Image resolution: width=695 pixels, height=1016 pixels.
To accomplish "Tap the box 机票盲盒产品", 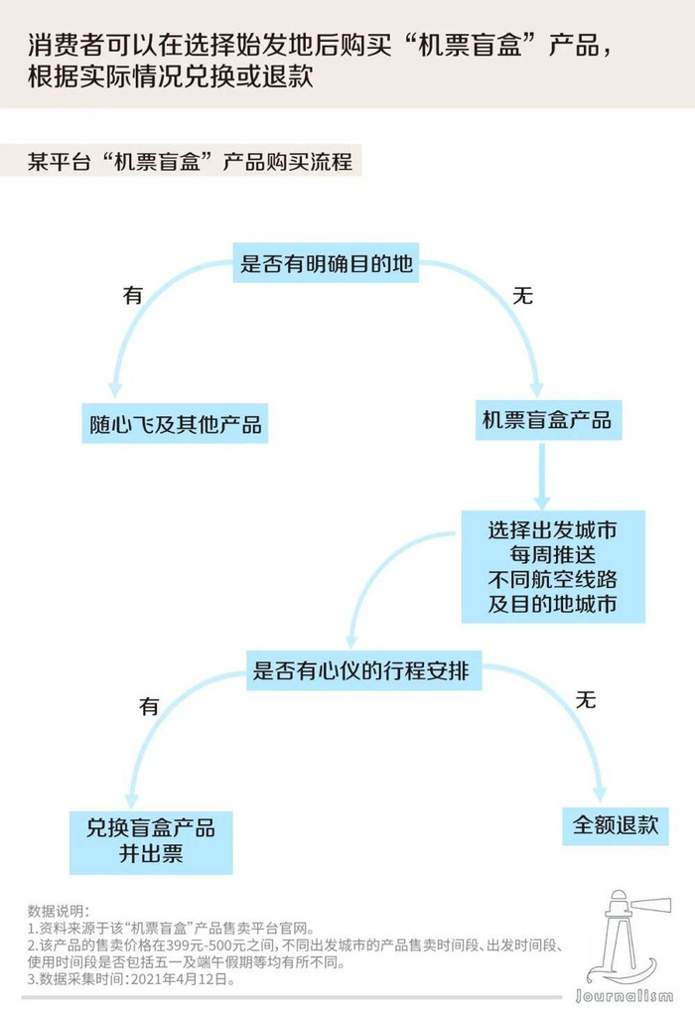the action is pyautogui.click(x=546, y=420).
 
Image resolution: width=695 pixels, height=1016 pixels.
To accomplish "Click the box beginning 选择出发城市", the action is pyautogui.click(x=552, y=567).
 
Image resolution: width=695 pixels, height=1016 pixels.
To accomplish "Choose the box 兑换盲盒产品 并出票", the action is pyautogui.click(x=151, y=841).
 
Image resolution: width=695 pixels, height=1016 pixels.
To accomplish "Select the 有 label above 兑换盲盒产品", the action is pyautogui.click(x=149, y=707).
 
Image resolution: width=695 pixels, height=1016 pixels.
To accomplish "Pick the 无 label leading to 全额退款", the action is pyautogui.click(x=586, y=700).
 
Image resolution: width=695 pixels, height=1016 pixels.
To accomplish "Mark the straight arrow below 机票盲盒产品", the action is pyautogui.click(x=541, y=477).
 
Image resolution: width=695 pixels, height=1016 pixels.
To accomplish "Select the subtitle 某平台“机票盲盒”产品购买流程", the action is pyautogui.click(x=190, y=162).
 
